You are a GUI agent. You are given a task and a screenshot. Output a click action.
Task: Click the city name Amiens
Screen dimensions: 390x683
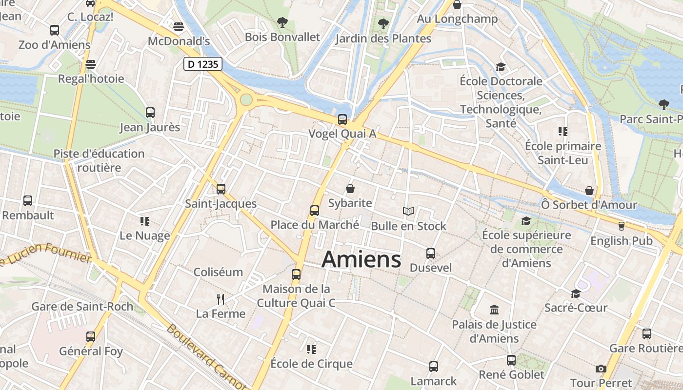pos(362,259)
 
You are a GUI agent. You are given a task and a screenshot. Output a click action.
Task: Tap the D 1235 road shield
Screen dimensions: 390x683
pos(203,63)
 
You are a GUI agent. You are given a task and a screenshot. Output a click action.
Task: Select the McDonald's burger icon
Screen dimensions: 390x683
pos(179,26)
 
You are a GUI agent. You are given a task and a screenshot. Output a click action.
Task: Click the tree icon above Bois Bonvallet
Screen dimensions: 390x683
pos(282,22)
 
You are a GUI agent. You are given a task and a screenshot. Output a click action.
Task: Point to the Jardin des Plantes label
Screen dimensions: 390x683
pos(383,39)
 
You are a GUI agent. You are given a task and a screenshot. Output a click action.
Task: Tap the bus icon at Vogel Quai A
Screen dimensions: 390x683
pos(342,119)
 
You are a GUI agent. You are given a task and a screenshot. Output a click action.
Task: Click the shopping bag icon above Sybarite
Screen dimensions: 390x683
pos(350,189)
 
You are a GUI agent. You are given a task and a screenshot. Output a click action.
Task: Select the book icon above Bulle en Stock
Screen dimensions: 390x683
pos(408,212)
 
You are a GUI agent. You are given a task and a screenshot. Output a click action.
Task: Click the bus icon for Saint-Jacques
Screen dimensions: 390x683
pos(221,189)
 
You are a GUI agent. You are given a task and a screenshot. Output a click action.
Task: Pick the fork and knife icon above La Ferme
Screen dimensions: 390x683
pos(221,299)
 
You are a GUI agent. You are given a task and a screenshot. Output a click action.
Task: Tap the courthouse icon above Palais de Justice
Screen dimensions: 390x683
pos(494,310)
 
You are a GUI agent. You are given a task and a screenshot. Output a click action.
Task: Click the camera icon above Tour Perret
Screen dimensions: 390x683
pos(601,369)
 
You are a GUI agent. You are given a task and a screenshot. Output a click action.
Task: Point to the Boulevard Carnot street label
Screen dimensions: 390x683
pos(205,356)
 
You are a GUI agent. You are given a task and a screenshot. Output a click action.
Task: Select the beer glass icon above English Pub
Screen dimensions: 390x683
pos(621,226)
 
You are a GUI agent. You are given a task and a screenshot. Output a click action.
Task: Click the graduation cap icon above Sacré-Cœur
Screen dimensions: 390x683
pos(576,293)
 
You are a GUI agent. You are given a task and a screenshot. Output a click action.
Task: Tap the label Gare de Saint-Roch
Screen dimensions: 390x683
pos(82,307)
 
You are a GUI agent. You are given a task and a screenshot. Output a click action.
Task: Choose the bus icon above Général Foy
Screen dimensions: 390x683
pos(90,336)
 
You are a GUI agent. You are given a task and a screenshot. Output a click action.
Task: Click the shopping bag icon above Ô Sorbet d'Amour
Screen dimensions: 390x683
pos(589,190)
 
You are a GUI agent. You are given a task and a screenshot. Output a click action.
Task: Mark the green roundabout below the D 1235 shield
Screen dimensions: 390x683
pos(246,100)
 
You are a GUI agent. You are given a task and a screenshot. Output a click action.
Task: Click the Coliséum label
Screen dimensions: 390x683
pos(218,272)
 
